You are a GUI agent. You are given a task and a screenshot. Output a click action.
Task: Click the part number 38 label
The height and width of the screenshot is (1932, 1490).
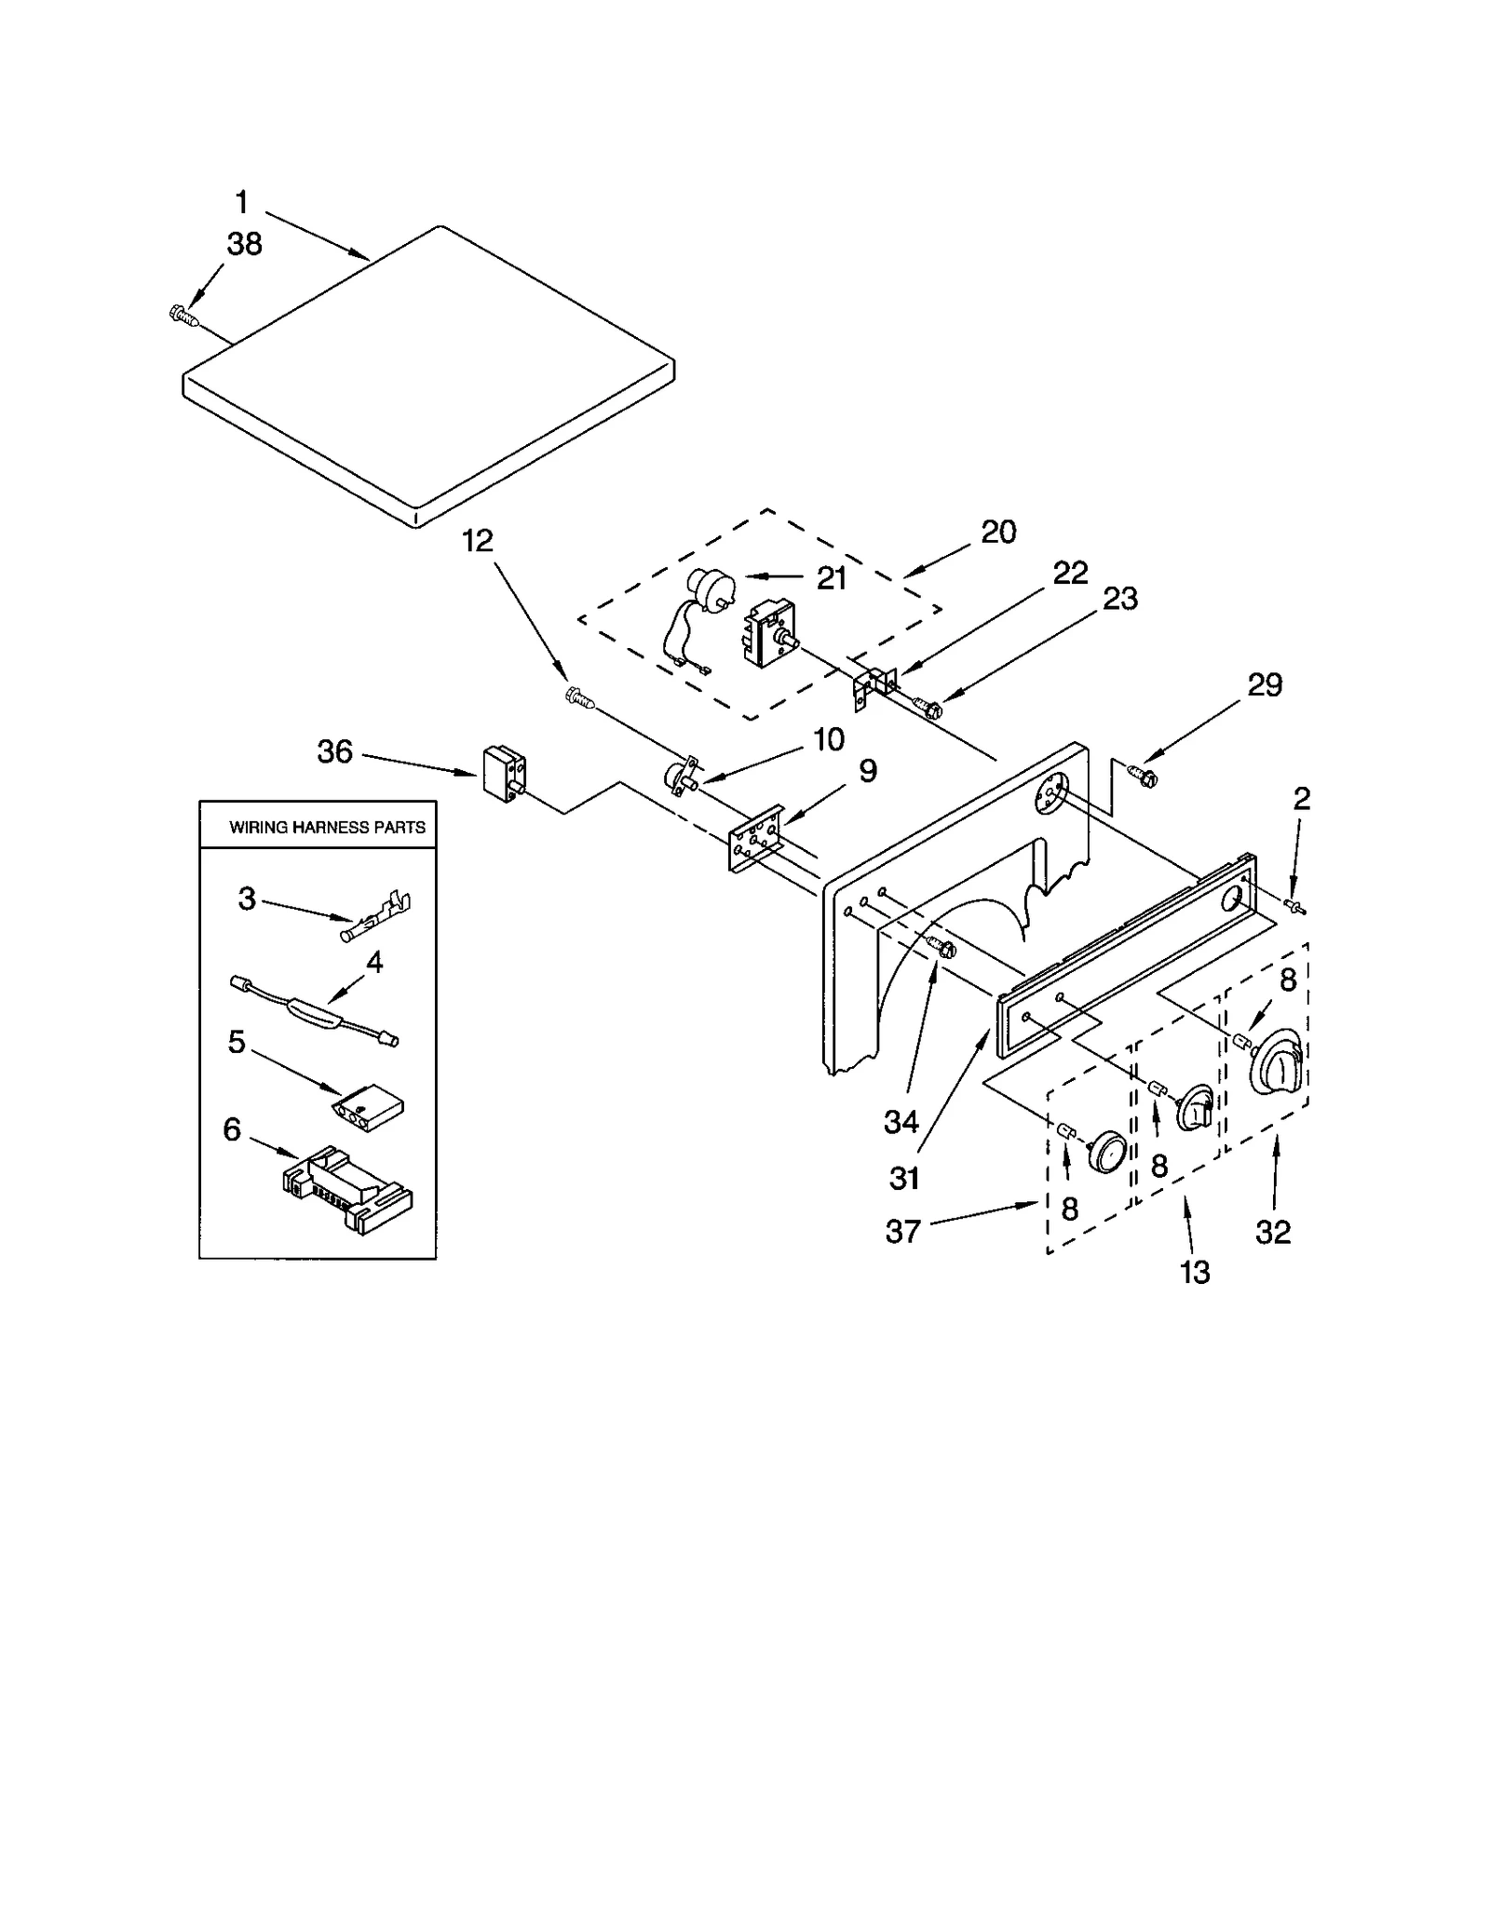[x=245, y=244]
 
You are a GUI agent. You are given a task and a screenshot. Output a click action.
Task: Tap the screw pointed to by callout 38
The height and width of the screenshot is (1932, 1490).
[x=183, y=316]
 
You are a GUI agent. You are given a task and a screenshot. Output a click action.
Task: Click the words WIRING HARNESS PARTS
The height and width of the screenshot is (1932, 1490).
[x=327, y=827]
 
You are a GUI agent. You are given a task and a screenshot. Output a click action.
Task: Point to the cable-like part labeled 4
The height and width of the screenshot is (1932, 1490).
[x=315, y=1010]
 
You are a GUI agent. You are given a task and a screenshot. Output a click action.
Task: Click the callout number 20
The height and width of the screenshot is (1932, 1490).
[x=998, y=532]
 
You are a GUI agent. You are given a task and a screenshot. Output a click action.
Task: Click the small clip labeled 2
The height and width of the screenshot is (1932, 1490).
[x=1294, y=905]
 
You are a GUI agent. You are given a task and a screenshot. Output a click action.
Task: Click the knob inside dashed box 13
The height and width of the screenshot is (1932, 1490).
[x=1195, y=1106]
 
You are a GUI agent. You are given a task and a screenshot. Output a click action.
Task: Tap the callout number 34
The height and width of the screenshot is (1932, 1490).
[x=901, y=1122]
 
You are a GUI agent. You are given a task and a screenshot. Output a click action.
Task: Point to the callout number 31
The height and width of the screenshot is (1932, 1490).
[x=904, y=1178]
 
